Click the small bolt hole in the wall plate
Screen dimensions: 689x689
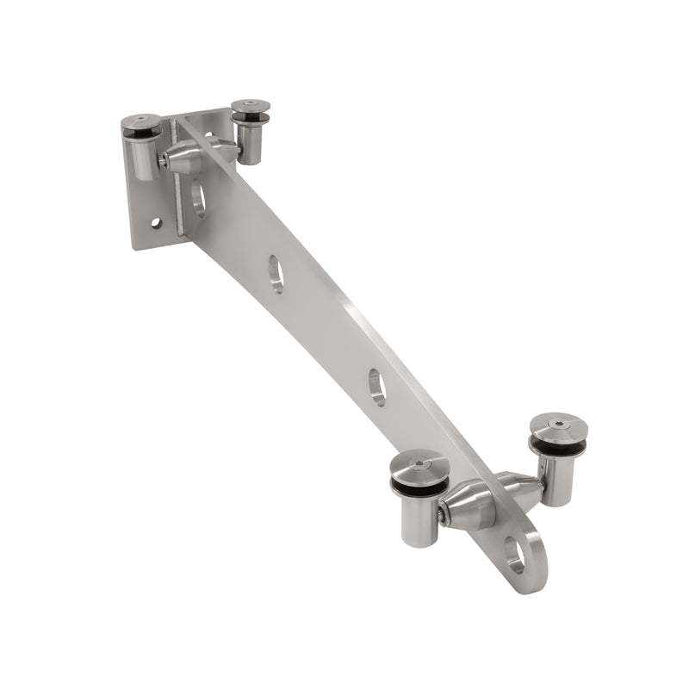[156, 223]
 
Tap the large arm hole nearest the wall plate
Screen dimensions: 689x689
[199, 199]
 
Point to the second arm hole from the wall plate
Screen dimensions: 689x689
[276, 274]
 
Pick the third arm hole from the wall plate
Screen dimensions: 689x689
[377, 386]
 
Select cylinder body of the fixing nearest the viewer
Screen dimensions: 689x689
[419, 518]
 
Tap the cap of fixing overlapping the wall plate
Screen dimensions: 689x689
[139, 126]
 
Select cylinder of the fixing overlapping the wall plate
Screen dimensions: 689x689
[143, 159]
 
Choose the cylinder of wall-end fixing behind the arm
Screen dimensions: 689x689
[251, 142]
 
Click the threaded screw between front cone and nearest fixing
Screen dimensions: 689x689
[442, 514]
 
